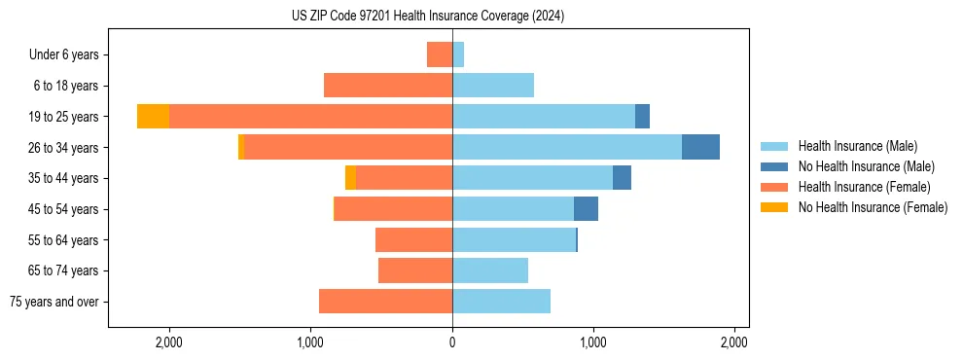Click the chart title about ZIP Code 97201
pos(428,17)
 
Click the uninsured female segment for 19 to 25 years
pos(153,117)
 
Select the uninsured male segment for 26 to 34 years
pos(700,147)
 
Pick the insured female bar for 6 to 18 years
pos(388,86)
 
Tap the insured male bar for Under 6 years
pos(458,54)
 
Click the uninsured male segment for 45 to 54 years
pos(586,209)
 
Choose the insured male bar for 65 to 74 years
pos(490,270)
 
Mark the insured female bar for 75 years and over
pos(385,302)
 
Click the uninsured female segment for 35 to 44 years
pos(350,178)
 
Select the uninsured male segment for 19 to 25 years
pos(642,117)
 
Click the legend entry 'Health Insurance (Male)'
pos(857,146)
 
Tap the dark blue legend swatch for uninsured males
pos(774,166)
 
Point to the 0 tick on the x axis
pos(452,343)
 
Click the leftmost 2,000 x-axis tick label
pos(169,343)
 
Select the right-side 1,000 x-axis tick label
pos(593,343)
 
